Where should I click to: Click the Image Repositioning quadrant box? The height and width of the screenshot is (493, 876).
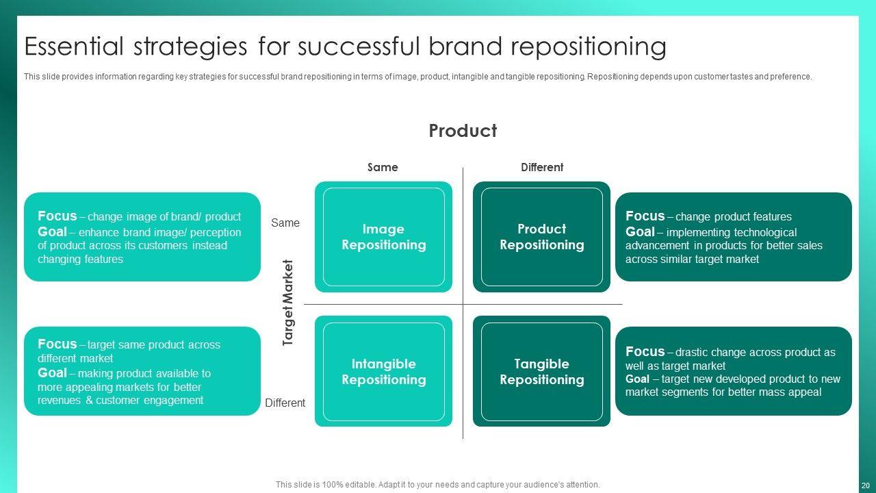pos(383,237)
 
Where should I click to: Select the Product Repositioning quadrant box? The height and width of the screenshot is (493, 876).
pos(541,237)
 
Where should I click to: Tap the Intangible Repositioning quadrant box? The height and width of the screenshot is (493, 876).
pos(383,371)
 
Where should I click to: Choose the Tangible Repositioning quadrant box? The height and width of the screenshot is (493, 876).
pos(541,371)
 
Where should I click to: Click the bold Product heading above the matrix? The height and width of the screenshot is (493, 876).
pos(463,131)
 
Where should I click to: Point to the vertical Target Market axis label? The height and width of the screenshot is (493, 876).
pos(288,303)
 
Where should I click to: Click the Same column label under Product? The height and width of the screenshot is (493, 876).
pos(383,167)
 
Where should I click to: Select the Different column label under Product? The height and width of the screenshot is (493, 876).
pos(542,167)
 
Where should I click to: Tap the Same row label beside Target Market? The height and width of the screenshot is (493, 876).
pos(285,223)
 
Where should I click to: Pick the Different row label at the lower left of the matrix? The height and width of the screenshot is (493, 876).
pos(285,403)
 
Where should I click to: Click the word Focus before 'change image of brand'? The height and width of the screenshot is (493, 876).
pos(57,216)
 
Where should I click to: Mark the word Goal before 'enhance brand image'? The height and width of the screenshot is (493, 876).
pos(52,231)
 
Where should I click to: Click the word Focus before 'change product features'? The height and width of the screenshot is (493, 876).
pos(645,216)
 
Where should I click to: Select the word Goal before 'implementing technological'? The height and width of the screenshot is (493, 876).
pos(640,231)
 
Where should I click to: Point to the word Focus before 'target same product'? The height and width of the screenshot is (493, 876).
pos(57,344)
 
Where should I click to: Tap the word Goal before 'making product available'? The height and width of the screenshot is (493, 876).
pos(52,372)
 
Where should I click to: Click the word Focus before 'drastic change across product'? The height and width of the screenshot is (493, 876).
pos(645,351)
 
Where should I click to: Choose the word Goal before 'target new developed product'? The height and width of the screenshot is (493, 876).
pos(637,379)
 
